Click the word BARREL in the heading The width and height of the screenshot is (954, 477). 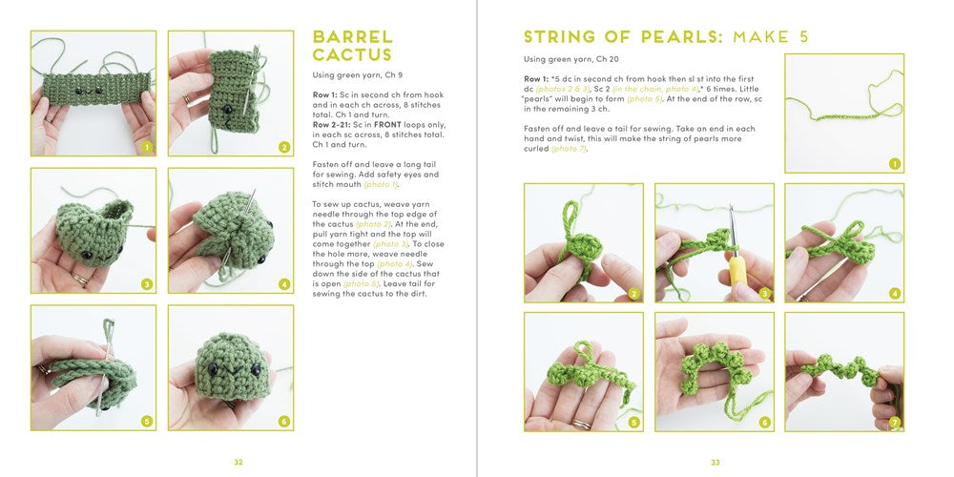(x=352, y=37)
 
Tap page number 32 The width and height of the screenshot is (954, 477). (x=238, y=462)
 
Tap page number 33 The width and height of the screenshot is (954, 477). (x=715, y=462)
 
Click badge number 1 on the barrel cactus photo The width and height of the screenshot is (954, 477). (x=146, y=147)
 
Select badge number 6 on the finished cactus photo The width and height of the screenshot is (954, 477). (x=283, y=421)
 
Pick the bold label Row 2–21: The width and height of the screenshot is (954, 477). (x=335, y=125)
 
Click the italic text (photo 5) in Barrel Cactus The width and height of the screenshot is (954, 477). (x=361, y=283)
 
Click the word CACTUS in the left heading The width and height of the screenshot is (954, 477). (x=352, y=55)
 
